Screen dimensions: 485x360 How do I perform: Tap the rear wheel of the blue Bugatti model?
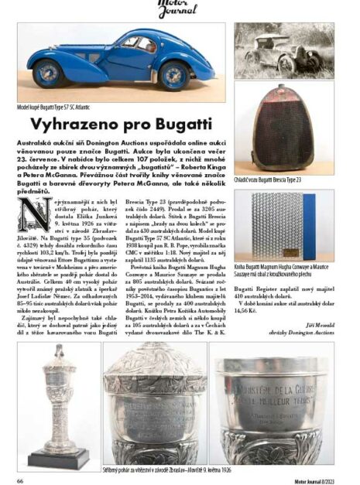pyautogui.click(x=49, y=74)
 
